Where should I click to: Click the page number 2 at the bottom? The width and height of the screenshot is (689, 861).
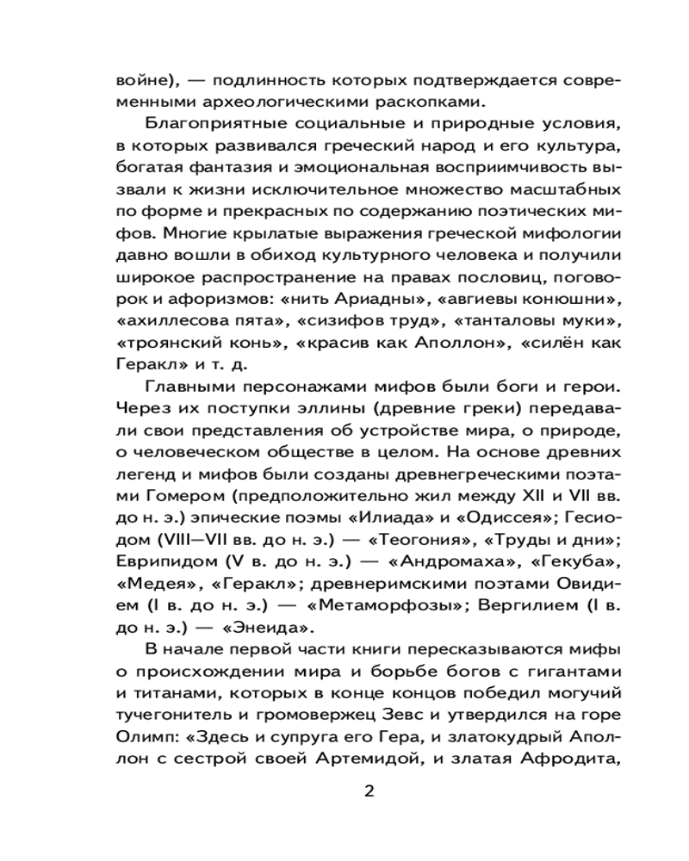coord(369,791)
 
